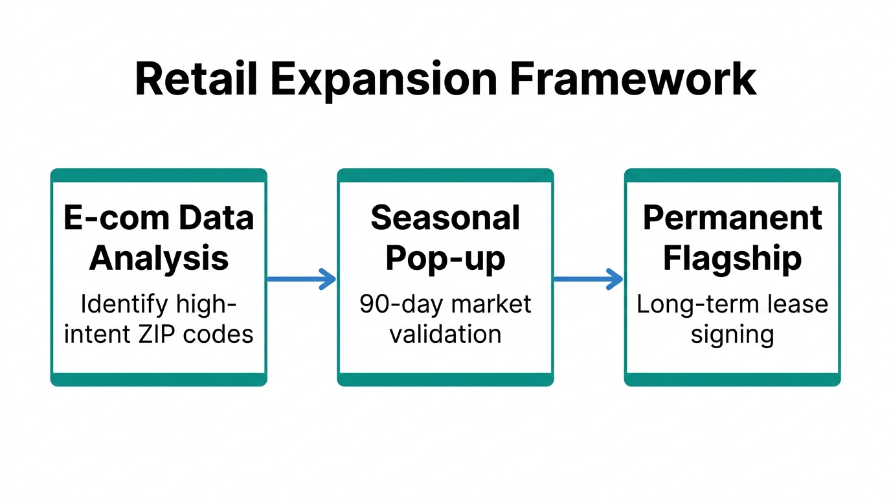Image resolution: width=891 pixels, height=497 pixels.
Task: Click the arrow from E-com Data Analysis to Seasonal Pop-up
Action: [301, 280]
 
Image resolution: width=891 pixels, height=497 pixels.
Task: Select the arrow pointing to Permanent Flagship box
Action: [588, 280]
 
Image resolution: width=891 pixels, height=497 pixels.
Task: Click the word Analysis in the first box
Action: [159, 258]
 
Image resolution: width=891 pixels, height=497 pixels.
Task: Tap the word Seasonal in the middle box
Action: [445, 219]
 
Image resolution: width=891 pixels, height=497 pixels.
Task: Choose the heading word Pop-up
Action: [445, 258]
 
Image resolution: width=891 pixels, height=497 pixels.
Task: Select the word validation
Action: [445, 334]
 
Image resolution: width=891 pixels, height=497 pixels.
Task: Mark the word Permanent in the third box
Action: [732, 219]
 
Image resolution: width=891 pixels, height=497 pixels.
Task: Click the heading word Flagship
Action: [732, 258]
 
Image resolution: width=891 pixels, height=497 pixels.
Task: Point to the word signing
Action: [732, 335]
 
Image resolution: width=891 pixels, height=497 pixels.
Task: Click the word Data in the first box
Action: [216, 219]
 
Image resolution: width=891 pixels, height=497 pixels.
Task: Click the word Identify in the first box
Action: [113, 304]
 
